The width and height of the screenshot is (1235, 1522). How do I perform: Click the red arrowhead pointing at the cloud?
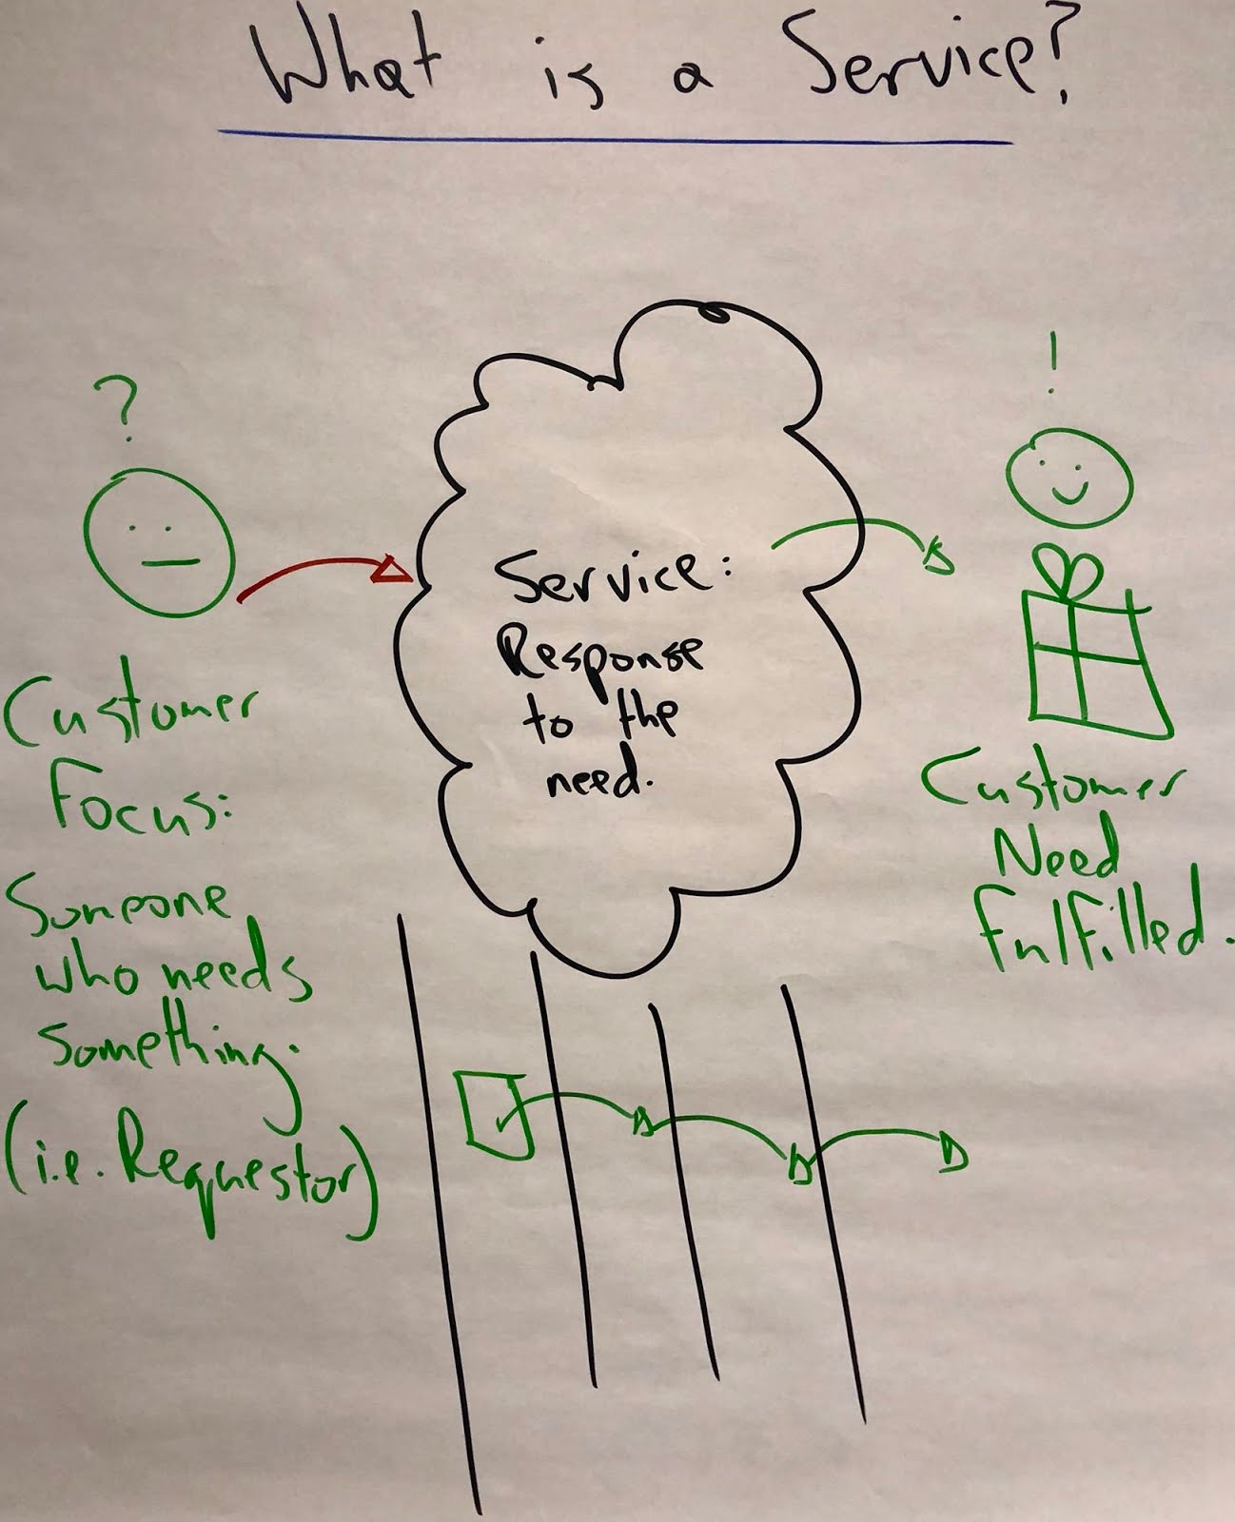click(395, 571)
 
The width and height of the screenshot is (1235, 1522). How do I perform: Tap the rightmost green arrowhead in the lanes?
click(952, 1153)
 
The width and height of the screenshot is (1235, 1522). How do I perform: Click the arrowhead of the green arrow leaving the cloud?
click(937, 556)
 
